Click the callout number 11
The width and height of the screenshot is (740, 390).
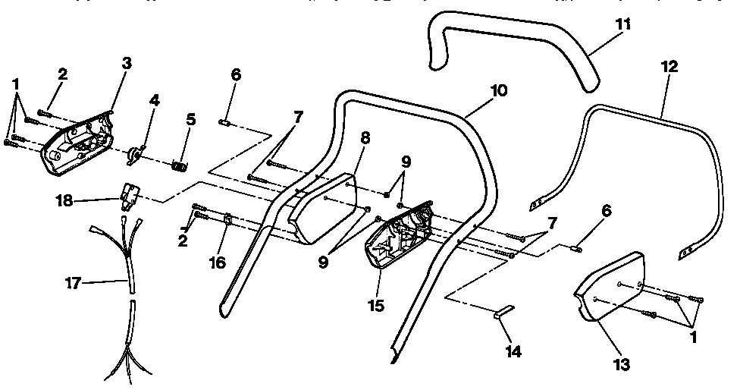(622, 24)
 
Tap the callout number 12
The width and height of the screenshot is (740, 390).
(669, 68)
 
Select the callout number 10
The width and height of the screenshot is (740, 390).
(500, 90)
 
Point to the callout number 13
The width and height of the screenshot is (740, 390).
(622, 364)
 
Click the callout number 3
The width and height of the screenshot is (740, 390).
(127, 64)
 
